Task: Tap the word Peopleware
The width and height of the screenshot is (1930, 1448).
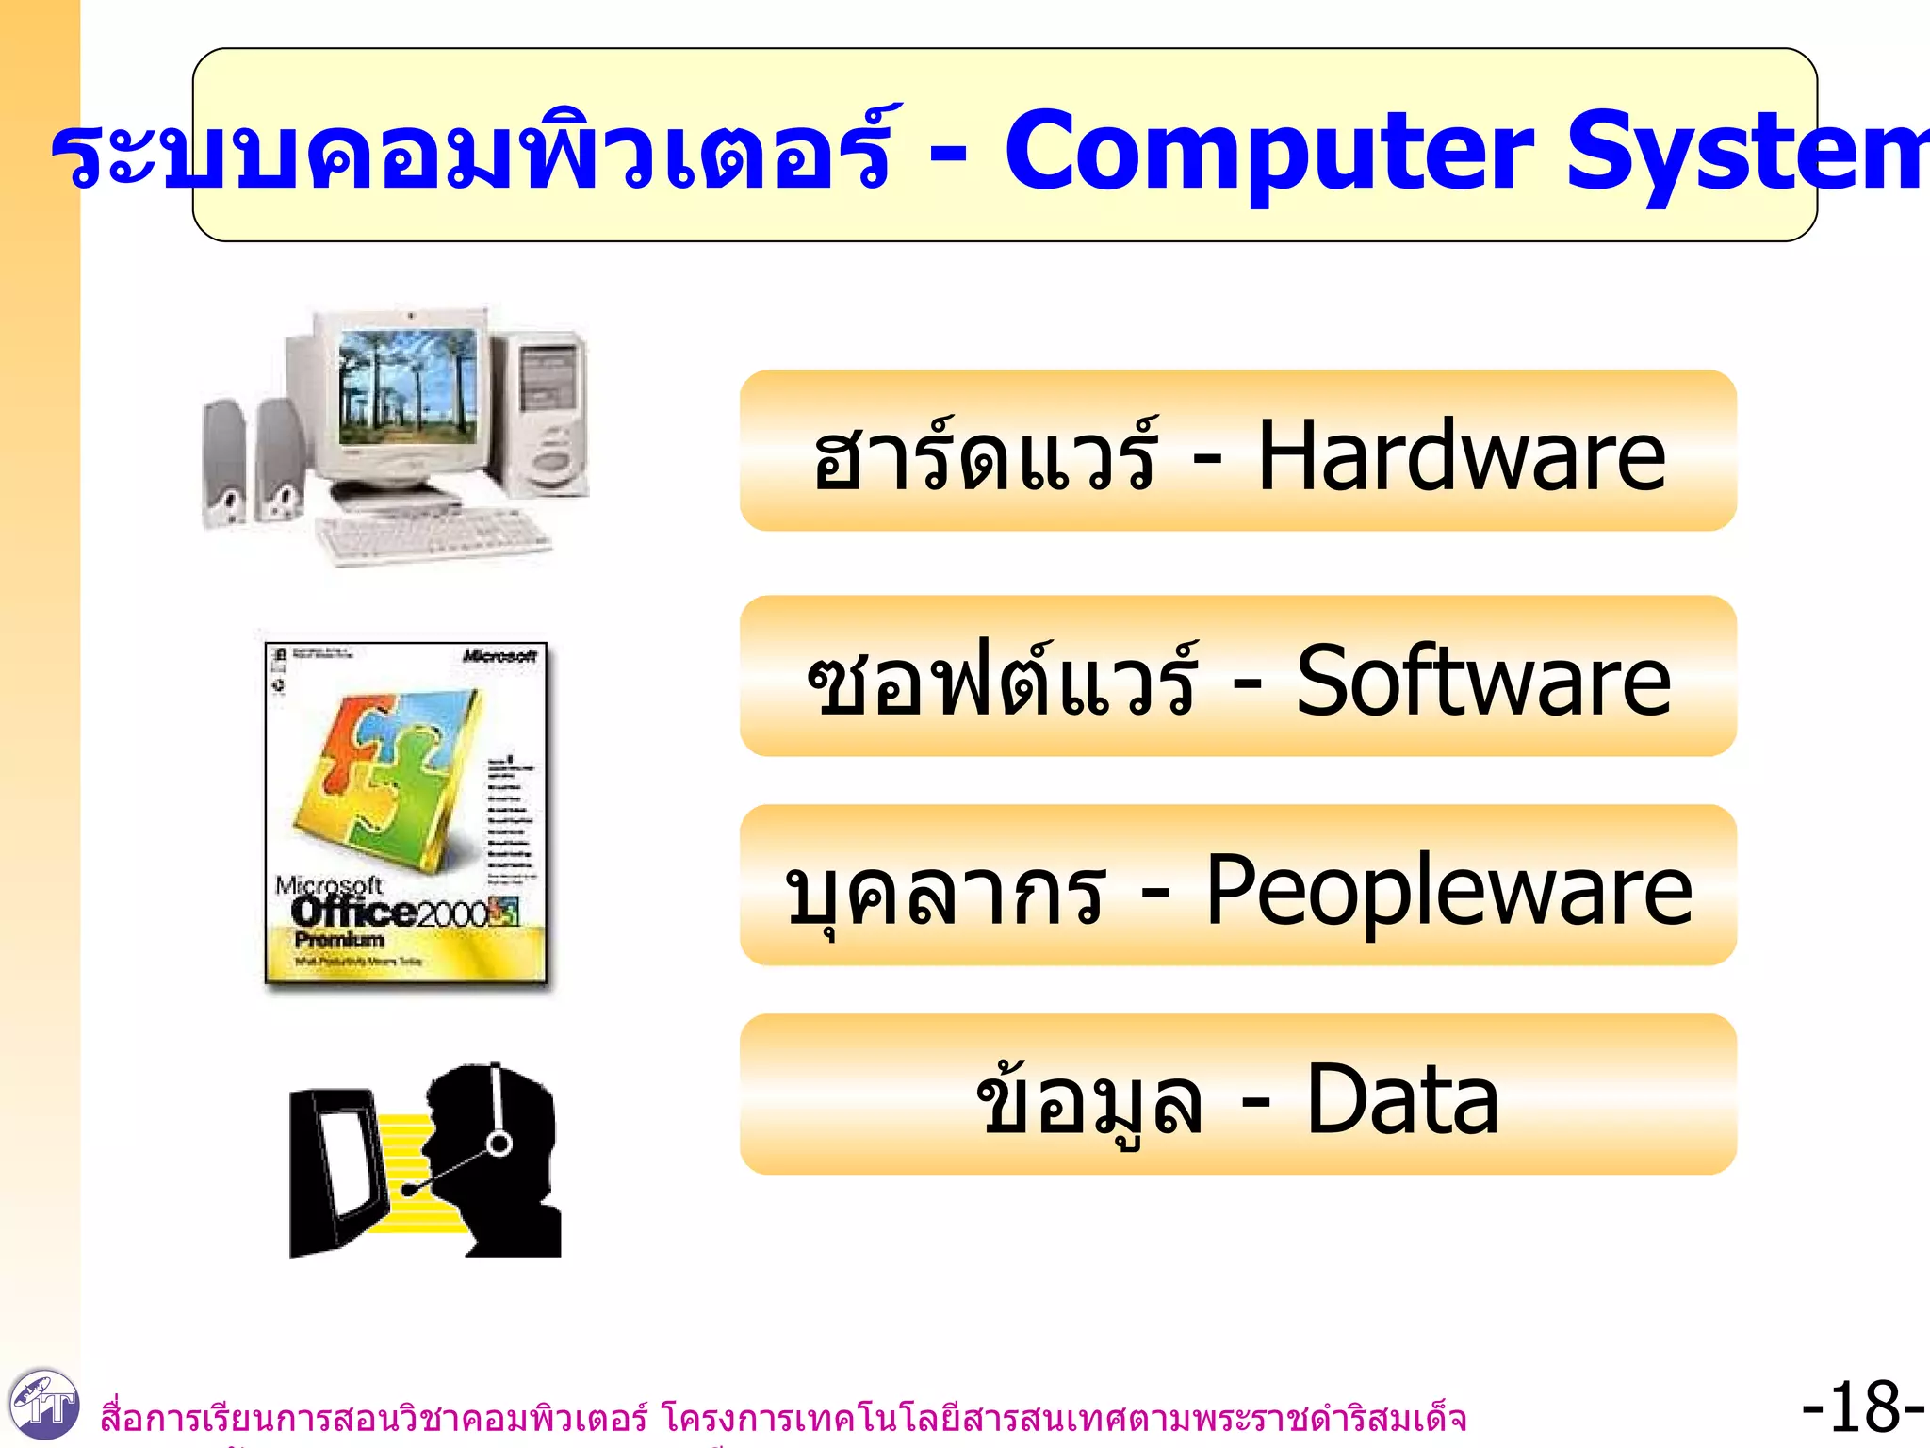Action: point(1448,891)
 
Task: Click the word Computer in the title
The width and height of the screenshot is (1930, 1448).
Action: point(1268,151)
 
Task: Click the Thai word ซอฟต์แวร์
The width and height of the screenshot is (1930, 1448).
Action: point(1002,681)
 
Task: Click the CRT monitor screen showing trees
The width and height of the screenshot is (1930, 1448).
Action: point(407,387)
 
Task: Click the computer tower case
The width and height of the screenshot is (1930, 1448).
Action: point(551,410)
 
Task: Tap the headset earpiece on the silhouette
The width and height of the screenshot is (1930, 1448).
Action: point(499,1144)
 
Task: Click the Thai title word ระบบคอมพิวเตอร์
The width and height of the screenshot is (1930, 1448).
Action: point(471,151)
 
